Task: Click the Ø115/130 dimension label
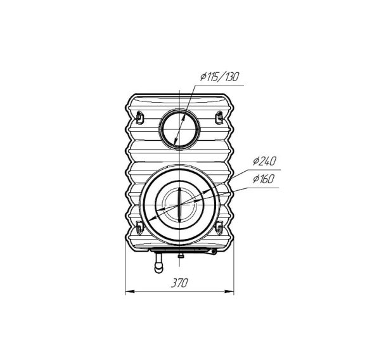coord(219,77)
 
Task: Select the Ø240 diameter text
coord(264,161)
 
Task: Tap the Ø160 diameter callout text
coord(264,179)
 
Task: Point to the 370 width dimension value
coord(179,283)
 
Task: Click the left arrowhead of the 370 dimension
coord(129,291)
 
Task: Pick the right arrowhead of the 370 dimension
coord(229,291)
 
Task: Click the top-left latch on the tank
coord(139,117)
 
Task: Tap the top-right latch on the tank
coord(219,117)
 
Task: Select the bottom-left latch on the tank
coord(139,228)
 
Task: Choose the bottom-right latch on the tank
coord(219,228)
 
